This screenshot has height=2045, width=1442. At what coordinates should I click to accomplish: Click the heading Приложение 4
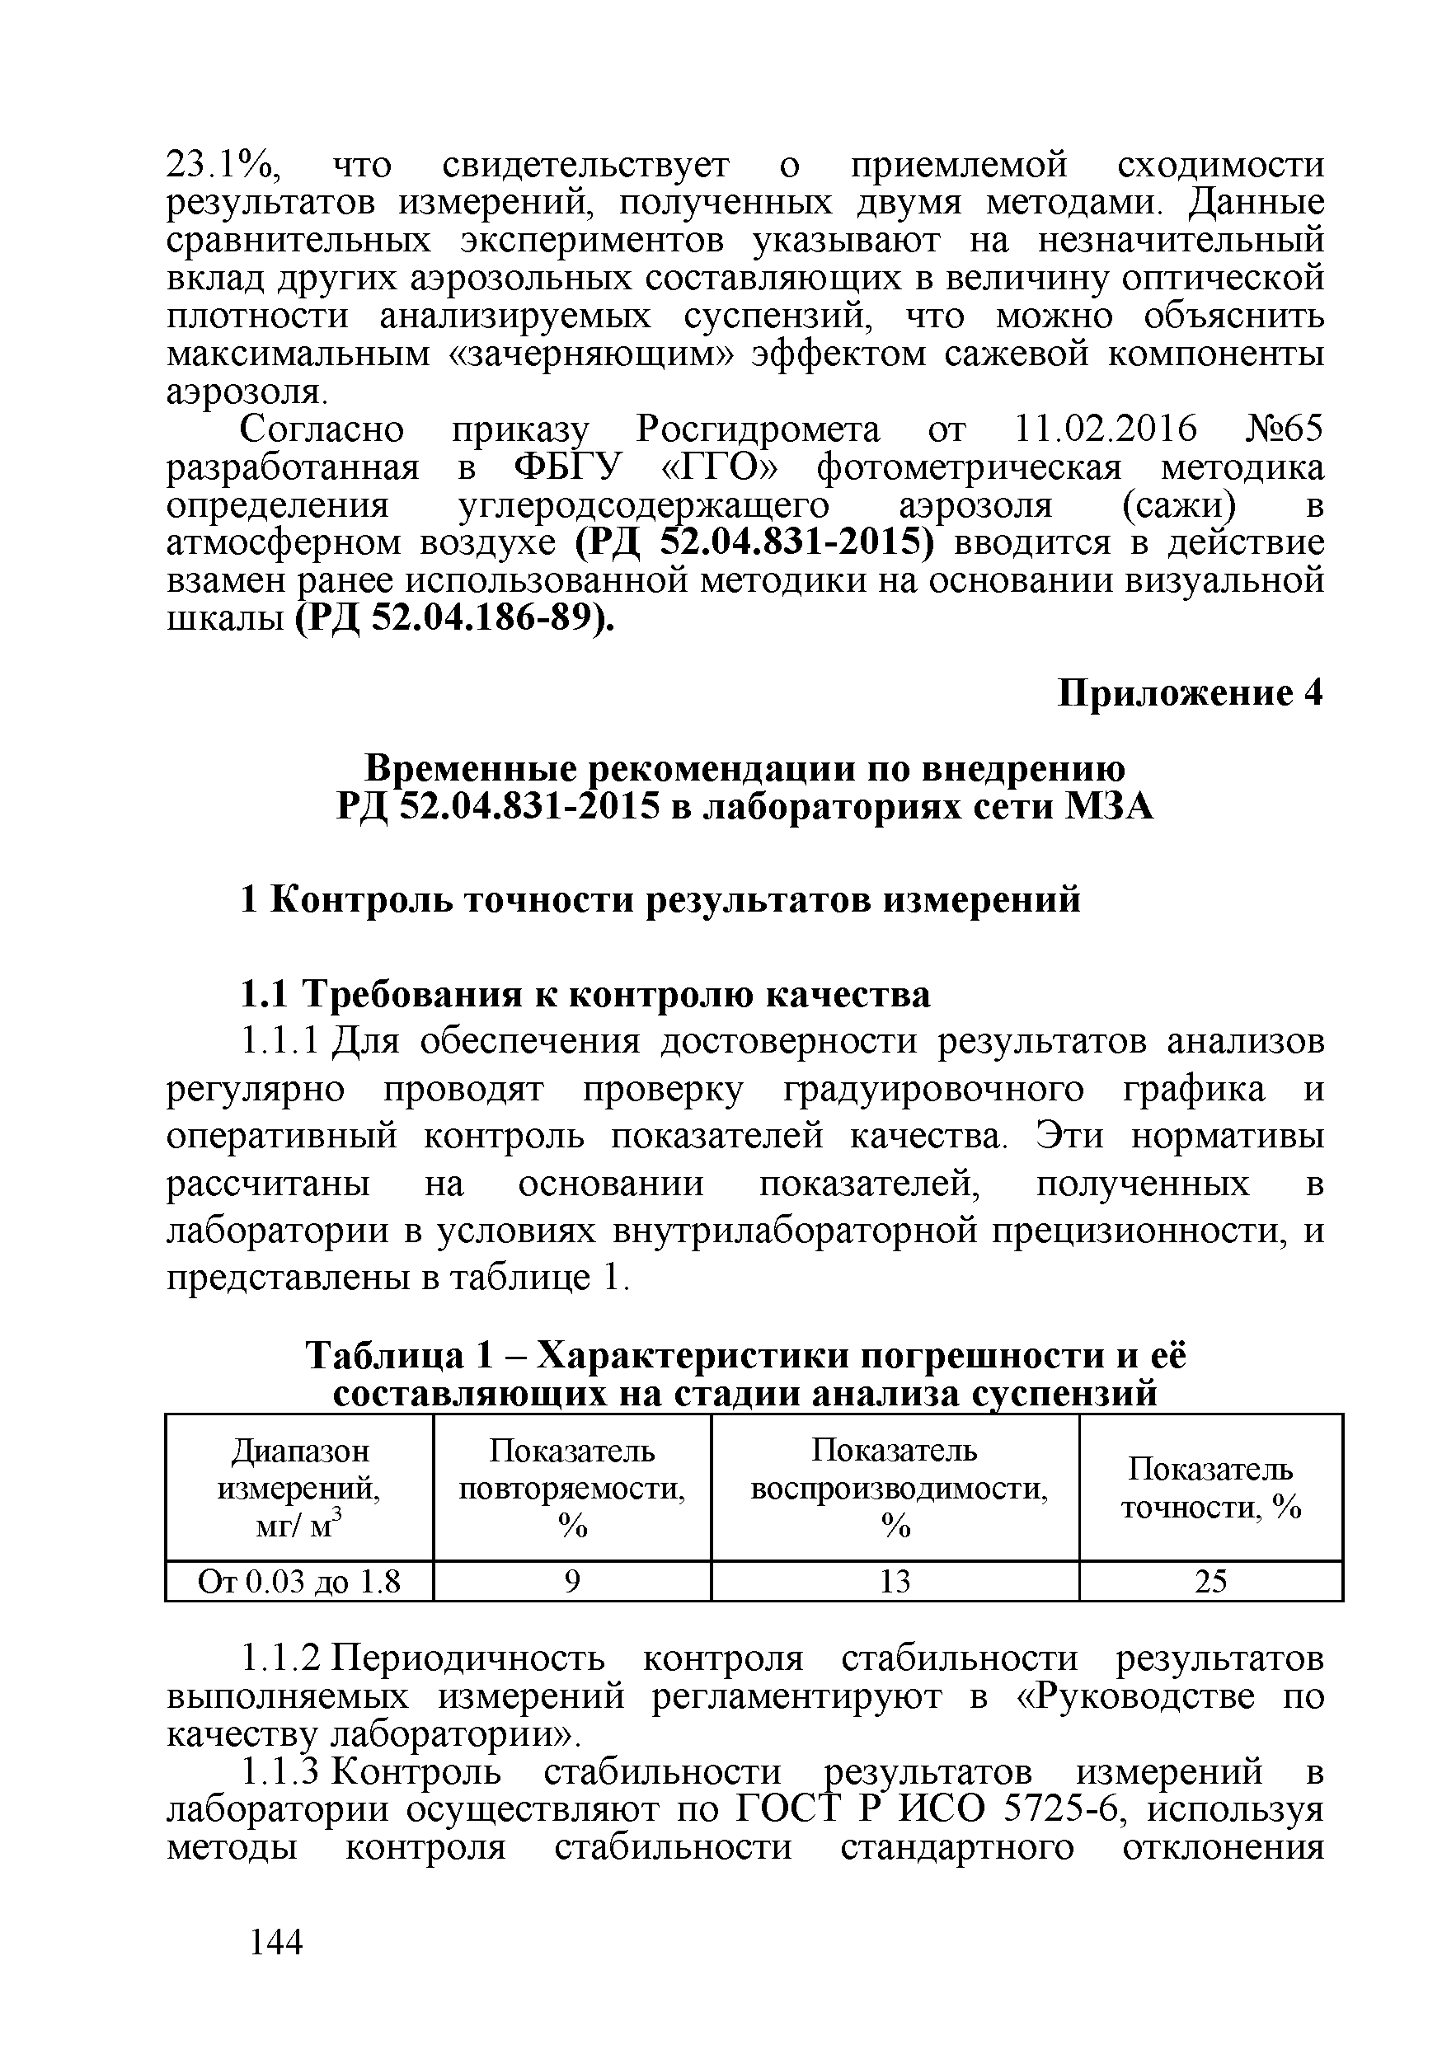(x=1190, y=693)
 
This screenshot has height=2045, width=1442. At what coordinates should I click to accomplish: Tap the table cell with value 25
(x=1210, y=1582)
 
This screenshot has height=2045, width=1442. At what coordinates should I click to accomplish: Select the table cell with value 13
(x=895, y=1582)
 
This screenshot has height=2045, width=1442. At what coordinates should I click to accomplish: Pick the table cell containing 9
(x=572, y=1582)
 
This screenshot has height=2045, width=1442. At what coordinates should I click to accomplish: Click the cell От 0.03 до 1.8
(x=299, y=1582)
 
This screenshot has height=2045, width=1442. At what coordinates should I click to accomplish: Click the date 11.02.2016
(x=1106, y=430)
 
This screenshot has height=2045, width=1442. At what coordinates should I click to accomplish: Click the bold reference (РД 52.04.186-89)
(x=453, y=617)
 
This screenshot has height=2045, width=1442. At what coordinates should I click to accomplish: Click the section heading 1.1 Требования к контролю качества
(x=585, y=995)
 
